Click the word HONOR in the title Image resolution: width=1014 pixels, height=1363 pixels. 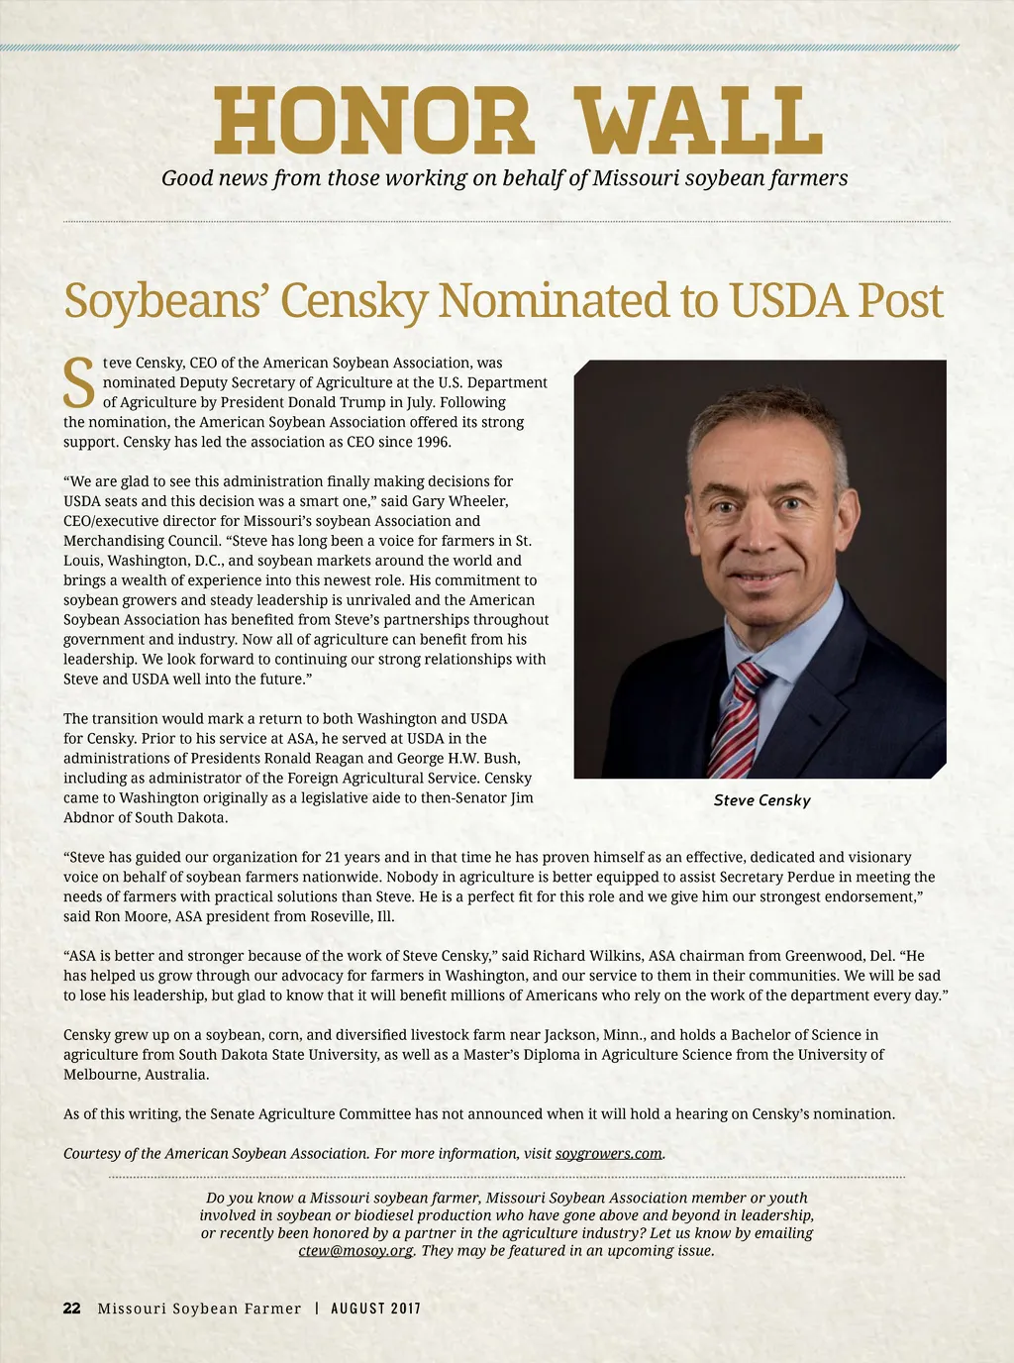pos(373,122)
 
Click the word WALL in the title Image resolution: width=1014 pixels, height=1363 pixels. pos(700,122)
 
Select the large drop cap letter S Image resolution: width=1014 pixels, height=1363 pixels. pos(79,384)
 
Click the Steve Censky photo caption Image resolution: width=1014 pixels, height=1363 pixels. pos(761,800)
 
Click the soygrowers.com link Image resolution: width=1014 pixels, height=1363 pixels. pos(608,1153)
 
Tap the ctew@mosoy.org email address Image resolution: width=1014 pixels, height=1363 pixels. pos(355,1250)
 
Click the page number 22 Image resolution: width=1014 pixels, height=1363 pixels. pos(72,1309)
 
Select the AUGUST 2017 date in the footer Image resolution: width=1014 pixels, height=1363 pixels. pos(375,1309)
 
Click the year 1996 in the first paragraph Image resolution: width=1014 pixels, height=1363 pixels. pos(433,442)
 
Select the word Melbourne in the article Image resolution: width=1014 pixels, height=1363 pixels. pos(100,1074)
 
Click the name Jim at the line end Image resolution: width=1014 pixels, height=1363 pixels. pos(521,797)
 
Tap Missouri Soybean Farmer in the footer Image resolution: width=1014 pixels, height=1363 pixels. pos(199,1309)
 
